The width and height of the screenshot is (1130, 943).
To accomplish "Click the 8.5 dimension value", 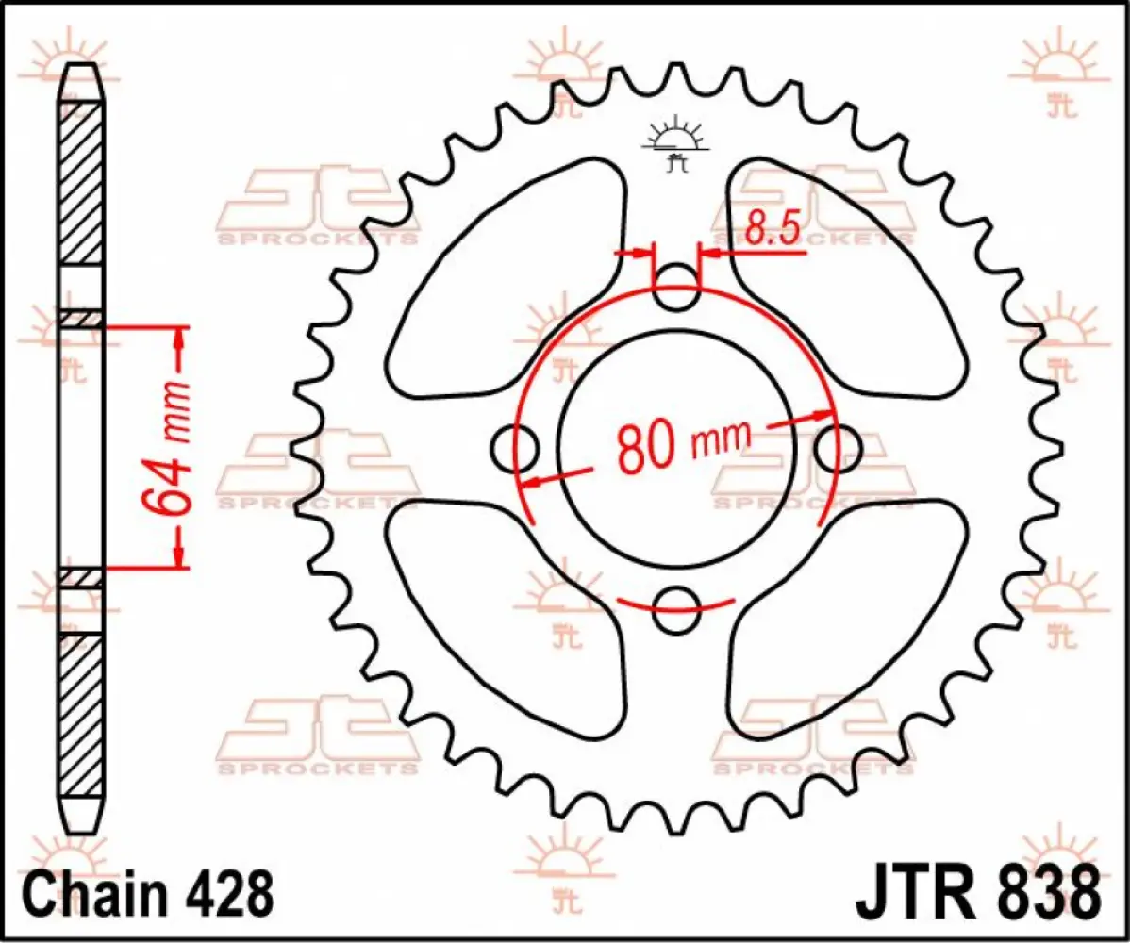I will click(772, 229).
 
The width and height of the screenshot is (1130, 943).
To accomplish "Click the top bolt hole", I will click(676, 290).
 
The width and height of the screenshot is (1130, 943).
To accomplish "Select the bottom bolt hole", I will click(676, 606).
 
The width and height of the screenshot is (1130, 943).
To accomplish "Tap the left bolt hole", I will click(516, 447).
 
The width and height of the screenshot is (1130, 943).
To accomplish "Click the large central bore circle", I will click(676, 377).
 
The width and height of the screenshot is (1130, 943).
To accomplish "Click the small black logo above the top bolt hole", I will click(675, 146).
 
